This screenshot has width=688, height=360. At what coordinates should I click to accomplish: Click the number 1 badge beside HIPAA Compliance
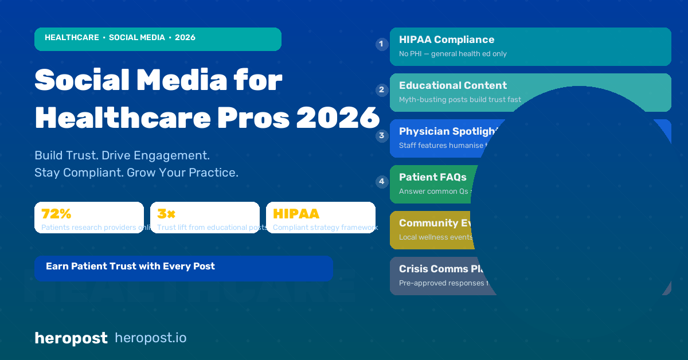[382, 44]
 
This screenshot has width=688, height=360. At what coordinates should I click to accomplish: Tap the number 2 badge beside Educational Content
[382, 90]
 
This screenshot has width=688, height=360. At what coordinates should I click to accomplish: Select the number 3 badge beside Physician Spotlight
[382, 136]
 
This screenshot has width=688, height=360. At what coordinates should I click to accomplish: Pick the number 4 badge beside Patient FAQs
[382, 182]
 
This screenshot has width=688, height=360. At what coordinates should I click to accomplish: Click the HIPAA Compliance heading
[447, 40]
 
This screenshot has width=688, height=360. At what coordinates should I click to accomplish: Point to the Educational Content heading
[453, 85]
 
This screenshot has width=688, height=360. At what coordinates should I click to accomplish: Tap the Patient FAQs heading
[433, 177]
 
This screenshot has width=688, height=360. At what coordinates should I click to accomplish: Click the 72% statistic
[56, 214]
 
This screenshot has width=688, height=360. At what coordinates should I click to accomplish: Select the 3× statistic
[166, 214]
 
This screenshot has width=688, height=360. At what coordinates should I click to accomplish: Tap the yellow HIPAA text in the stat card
[296, 214]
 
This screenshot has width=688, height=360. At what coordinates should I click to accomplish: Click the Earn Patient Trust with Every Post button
[130, 266]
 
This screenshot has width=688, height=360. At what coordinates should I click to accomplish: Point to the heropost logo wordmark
[71, 338]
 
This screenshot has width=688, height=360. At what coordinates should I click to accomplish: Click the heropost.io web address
[151, 338]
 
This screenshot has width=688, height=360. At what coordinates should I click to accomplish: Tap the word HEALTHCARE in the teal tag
[72, 37]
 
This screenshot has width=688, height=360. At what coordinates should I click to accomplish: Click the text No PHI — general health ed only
[453, 54]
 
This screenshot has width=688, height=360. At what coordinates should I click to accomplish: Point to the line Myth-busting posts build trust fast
[460, 100]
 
